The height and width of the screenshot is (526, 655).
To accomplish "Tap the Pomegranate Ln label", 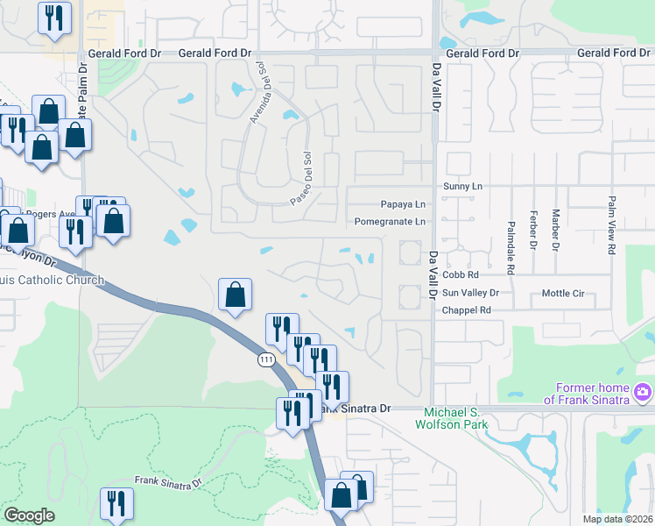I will click(x=390, y=222).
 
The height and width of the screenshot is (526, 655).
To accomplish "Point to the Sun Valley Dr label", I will click(x=470, y=293).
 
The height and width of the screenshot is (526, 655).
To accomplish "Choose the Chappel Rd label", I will click(x=466, y=310).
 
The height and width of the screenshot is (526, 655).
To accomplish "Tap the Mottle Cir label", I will click(x=563, y=293).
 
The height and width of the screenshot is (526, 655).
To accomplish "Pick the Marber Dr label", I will click(x=555, y=230).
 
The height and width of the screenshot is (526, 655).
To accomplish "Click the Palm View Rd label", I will click(x=611, y=224).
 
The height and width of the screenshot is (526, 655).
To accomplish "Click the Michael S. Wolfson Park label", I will click(x=454, y=418).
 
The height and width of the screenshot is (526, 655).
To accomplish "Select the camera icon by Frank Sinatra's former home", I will click(x=643, y=390).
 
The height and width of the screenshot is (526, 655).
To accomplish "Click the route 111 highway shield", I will click(x=265, y=359).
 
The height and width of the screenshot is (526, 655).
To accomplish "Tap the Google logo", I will click(x=29, y=515).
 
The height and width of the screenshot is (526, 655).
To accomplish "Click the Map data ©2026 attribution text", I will click(x=617, y=519).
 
